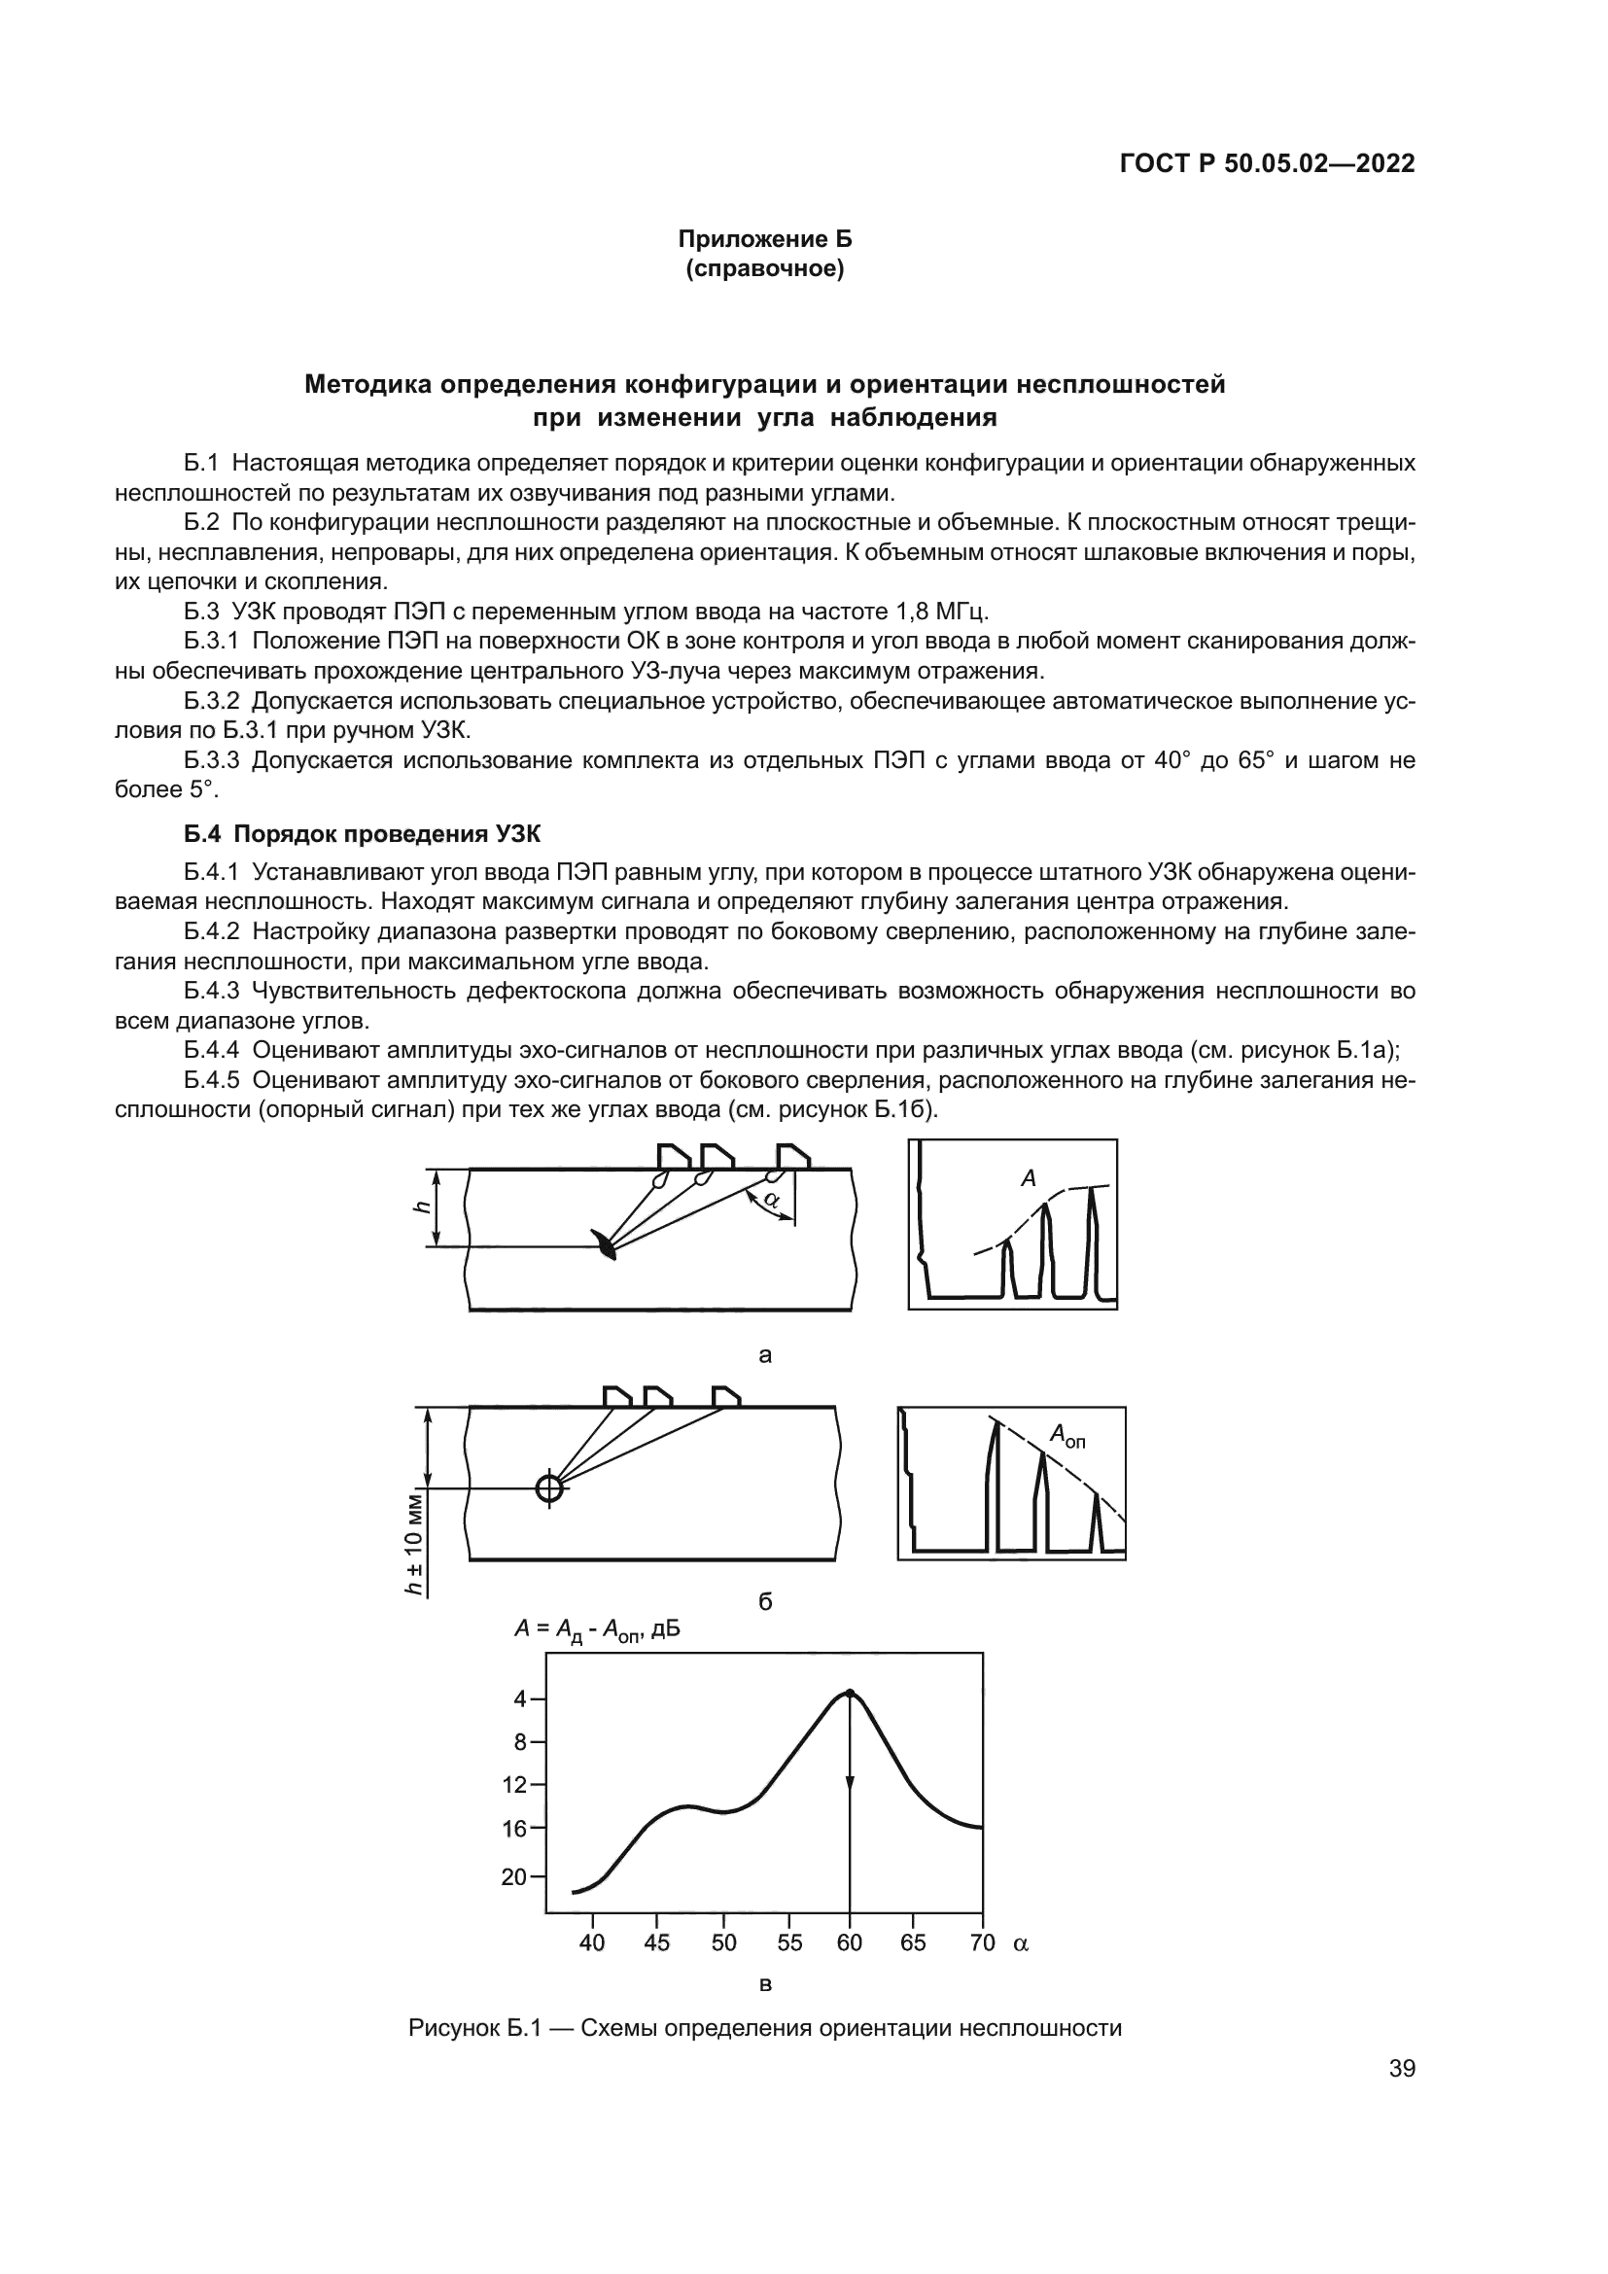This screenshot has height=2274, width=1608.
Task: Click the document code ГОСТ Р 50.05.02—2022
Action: point(1267,163)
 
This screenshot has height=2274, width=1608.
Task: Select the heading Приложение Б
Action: point(764,239)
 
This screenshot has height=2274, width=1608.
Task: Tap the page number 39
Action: point(1402,2068)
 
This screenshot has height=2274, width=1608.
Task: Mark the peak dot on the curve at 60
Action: point(850,1694)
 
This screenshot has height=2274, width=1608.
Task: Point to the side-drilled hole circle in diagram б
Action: point(548,1487)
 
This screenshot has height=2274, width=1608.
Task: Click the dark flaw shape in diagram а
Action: point(604,1245)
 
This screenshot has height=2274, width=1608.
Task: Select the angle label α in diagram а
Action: point(771,1201)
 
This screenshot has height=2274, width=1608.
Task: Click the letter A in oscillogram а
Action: point(1028,1178)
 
